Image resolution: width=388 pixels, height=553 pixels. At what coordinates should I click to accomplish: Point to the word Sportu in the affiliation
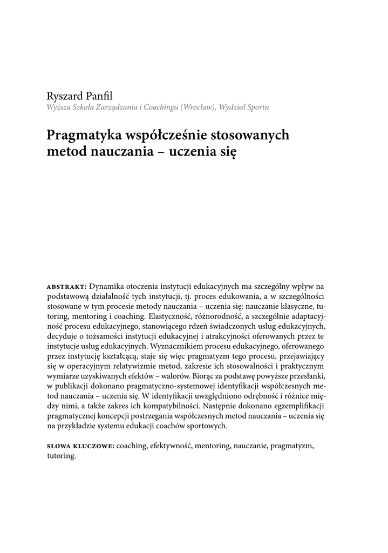257,107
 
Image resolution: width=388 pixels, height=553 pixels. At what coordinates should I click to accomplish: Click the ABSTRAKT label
67,286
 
